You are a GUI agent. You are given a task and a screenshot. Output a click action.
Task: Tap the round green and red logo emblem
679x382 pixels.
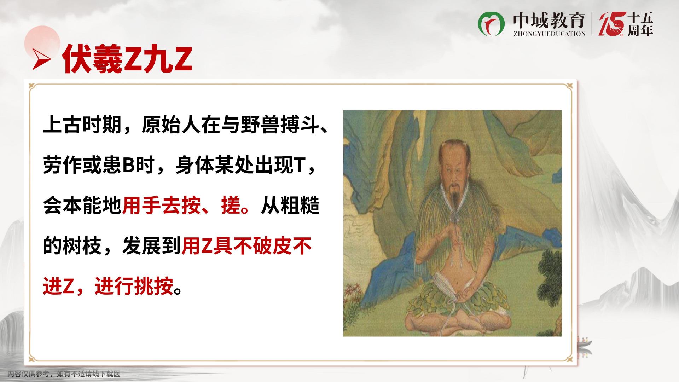point(492,23)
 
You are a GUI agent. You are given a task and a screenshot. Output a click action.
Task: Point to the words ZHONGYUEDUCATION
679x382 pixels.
point(549,33)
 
